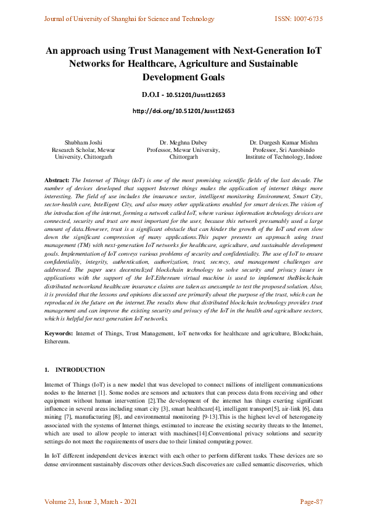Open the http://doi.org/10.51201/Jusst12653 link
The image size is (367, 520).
(183, 111)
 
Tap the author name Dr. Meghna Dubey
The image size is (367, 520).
(183, 143)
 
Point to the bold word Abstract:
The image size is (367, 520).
(57, 179)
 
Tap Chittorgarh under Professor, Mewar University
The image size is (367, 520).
(183, 157)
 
